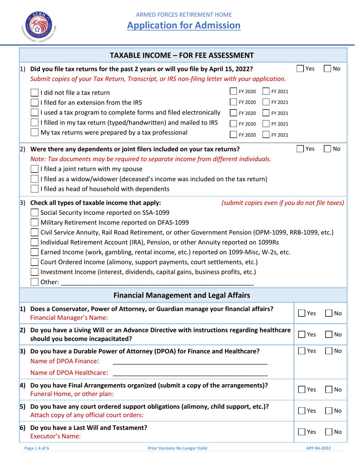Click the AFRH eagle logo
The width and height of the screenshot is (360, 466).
point(37,23)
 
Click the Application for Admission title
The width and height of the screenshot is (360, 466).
point(183,25)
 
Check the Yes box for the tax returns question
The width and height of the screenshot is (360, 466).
point(300,69)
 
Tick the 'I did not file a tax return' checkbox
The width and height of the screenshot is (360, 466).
point(34,92)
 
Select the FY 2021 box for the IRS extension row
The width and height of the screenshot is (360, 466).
point(267,102)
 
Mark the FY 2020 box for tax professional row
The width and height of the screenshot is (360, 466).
point(234,134)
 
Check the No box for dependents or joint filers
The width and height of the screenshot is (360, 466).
point(327,149)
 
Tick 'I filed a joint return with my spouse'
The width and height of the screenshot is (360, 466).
point(34,169)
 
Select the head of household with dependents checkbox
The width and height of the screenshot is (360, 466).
point(34,188)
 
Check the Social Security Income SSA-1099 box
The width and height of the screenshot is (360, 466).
point(34,212)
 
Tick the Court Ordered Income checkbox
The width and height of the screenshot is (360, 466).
point(34,262)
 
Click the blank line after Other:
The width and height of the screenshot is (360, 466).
point(157,283)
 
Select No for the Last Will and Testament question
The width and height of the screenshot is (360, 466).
point(329,432)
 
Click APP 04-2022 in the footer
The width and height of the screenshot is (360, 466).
point(318,448)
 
